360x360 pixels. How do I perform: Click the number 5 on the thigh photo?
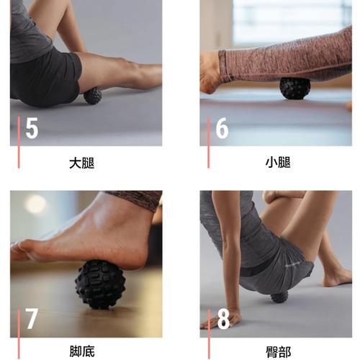pos(32,128)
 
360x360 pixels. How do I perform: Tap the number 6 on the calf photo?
pos(222,128)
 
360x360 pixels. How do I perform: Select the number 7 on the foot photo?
pos(32,318)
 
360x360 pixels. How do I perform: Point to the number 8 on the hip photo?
pos(223,318)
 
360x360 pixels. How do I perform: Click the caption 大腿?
pos(82,163)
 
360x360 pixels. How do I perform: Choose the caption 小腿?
pos(278,163)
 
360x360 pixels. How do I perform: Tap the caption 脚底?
pos(82,351)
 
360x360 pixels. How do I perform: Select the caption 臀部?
pos(279,352)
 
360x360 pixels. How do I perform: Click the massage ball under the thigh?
pos(93,96)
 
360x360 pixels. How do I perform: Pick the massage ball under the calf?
pos(295,89)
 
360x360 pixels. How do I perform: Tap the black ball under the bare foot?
pos(100,284)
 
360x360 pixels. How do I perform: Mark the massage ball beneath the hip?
pos(279,297)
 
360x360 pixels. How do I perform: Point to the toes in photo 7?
pos(19,250)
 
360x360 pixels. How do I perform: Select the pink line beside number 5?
pos(19,142)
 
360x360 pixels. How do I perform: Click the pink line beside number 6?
pos(209,142)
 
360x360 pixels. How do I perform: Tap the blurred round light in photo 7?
pos(37,204)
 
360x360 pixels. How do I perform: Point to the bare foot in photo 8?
pos(337,279)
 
